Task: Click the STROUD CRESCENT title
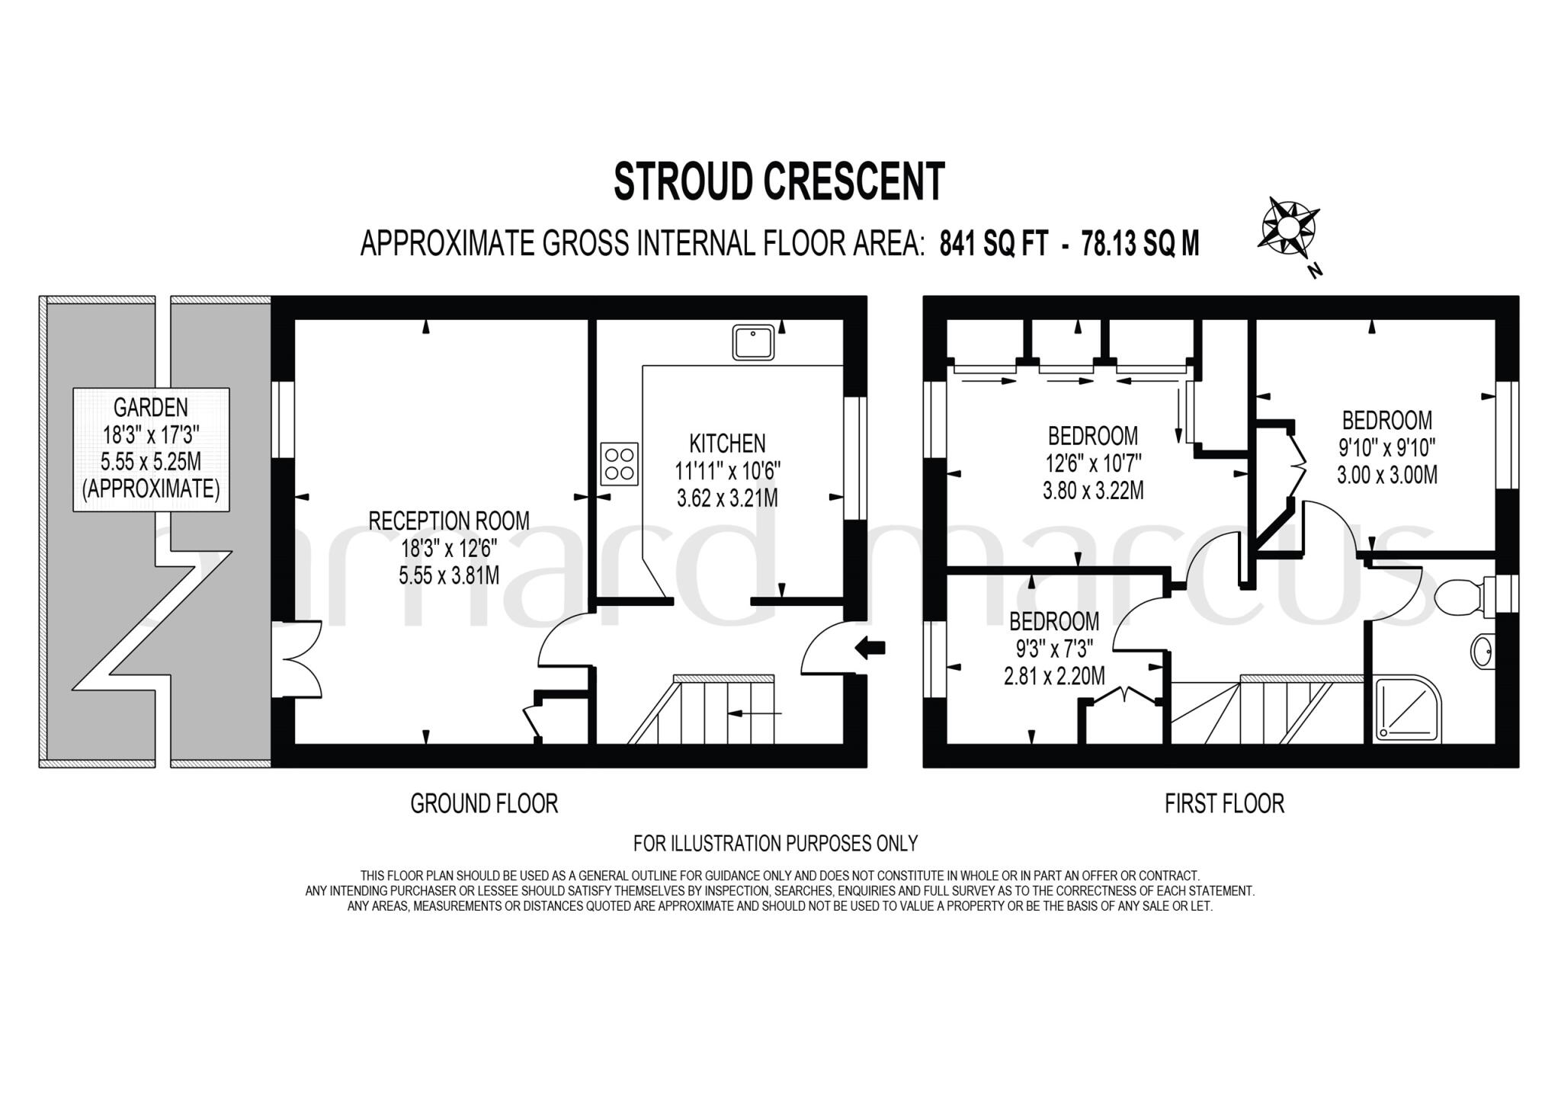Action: tap(779, 181)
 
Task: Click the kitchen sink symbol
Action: tap(753, 341)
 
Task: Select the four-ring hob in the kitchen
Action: tap(619, 464)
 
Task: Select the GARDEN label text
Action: tap(150, 408)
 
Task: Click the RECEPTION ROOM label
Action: tap(448, 521)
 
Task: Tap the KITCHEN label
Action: tap(727, 444)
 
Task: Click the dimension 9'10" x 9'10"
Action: tap(1387, 447)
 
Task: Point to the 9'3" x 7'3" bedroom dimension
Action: tap(1054, 649)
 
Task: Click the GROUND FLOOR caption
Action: tap(484, 803)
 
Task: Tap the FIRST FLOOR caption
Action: tap(1224, 803)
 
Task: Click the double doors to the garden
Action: tap(300, 659)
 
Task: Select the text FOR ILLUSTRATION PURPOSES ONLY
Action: tap(775, 844)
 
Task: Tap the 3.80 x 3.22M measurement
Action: tap(1093, 490)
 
